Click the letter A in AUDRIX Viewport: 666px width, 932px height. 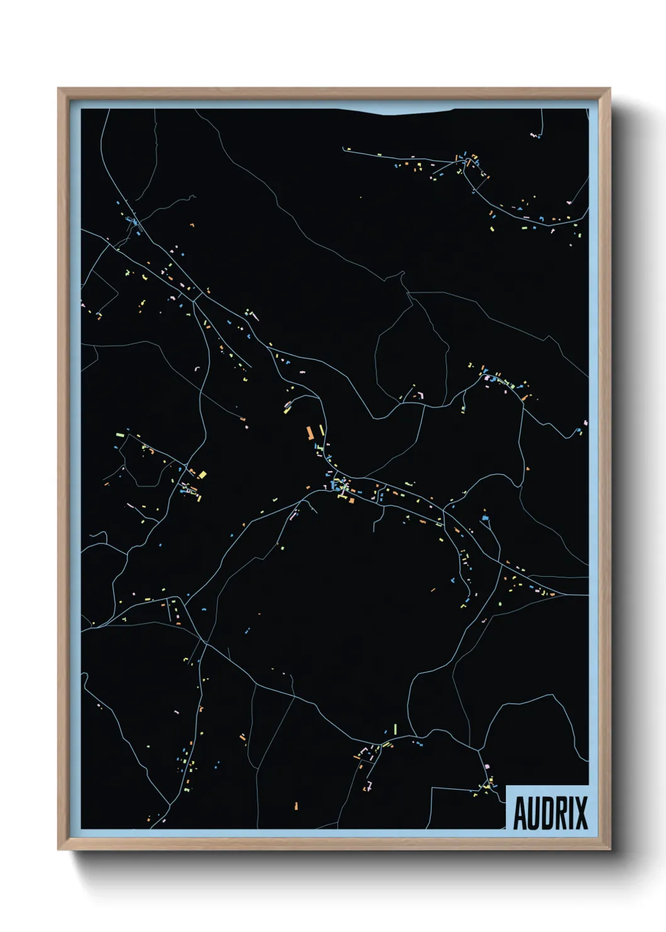[x=521, y=813]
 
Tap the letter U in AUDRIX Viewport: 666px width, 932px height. [x=535, y=813]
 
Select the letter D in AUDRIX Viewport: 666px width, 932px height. [x=550, y=813]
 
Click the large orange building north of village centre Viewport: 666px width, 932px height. [x=310, y=433]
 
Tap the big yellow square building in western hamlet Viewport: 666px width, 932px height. [x=202, y=474]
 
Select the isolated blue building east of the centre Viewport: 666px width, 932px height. [x=485, y=518]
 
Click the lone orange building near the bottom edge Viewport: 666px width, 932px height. [x=296, y=805]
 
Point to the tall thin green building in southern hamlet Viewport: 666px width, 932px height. [x=395, y=729]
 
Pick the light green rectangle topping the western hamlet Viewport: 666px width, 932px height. [x=120, y=434]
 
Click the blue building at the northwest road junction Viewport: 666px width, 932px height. [x=133, y=222]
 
